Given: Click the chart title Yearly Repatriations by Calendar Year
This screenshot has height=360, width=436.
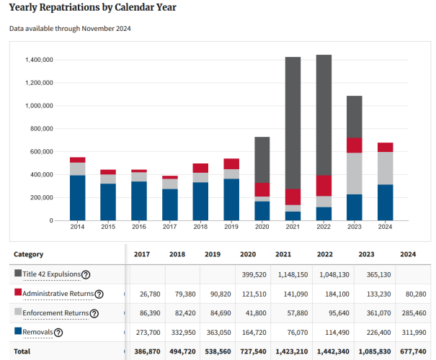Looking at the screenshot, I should (92, 8).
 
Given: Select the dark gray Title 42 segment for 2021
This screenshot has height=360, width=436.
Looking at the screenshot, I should (293, 122).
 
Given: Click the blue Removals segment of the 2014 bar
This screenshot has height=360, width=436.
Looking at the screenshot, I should (77, 197).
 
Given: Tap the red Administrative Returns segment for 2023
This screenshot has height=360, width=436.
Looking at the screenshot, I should (354, 145).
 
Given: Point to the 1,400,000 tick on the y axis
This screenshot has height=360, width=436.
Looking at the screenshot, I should (37, 60).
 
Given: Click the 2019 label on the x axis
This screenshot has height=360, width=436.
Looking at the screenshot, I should (231, 227).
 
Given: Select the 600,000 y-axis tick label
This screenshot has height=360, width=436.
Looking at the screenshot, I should (42, 152).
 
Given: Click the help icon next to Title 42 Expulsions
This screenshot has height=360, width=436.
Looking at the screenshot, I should (86, 274).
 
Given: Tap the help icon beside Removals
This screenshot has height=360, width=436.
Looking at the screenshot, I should (58, 333).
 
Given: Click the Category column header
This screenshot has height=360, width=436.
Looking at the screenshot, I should (29, 254).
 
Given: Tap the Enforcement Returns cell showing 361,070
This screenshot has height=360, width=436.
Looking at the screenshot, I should (375, 313).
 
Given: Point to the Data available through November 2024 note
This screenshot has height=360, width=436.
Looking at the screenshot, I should (70, 29).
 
